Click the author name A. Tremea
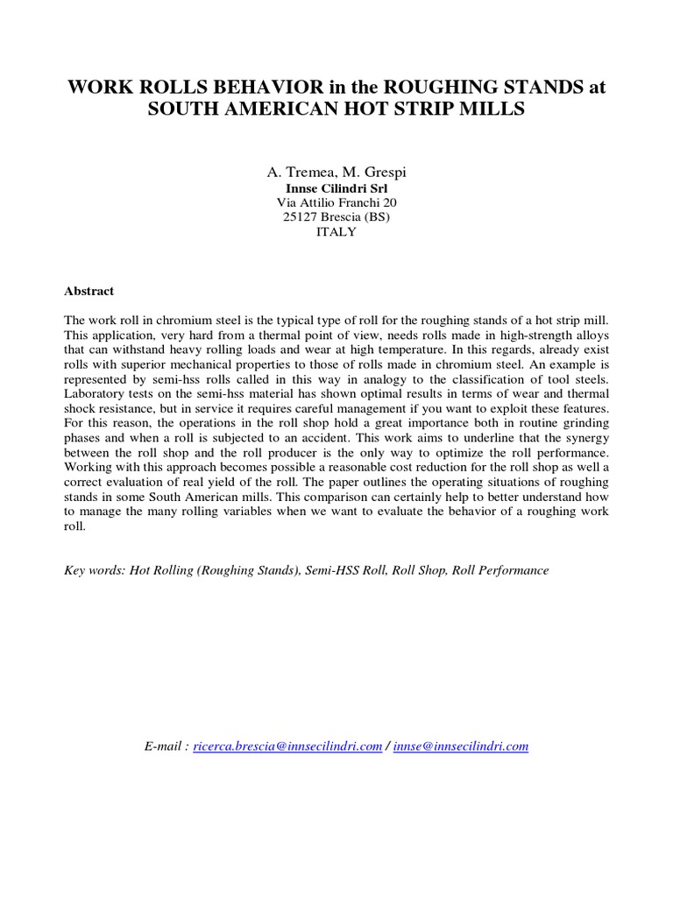coord(296,173)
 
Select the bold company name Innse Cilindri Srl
coord(336,187)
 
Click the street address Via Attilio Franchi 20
coord(336,202)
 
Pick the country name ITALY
coord(336,232)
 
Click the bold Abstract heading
coord(89,291)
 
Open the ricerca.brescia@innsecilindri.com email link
coord(288,746)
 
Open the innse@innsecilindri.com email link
coord(461,746)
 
